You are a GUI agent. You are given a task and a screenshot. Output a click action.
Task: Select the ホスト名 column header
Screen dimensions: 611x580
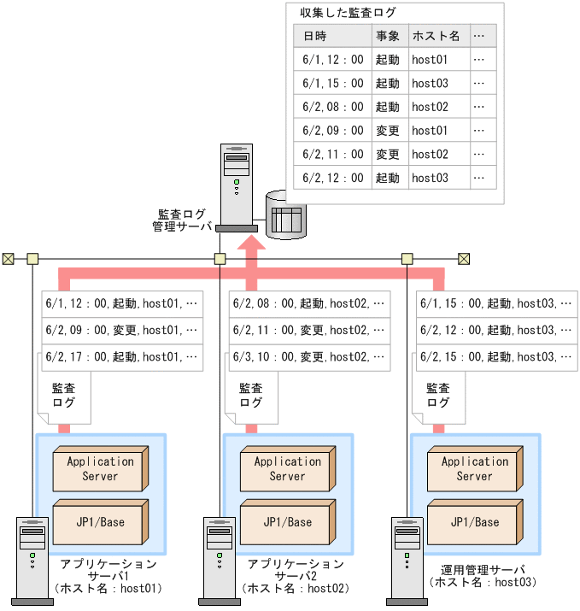(x=436, y=37)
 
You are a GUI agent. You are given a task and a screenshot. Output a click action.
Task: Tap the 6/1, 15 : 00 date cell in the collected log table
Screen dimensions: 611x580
(x=333, y=84)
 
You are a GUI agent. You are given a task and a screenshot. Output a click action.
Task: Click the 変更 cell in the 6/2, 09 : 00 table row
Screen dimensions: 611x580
(x=387, y=131)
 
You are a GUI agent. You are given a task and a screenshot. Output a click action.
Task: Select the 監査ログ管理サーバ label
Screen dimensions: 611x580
(x=181, y=220)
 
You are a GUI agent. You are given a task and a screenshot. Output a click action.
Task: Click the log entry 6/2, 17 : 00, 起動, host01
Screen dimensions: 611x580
(x=121, y=356)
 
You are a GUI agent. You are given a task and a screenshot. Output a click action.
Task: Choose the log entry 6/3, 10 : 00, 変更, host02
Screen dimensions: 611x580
(x=309, y=356)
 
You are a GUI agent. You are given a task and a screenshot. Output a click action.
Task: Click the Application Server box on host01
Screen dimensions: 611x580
(x=101, y=468)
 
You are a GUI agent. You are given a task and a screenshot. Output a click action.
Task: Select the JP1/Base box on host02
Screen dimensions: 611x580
(x=287, y=521)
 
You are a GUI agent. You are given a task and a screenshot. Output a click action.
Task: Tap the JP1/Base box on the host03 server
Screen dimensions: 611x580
(x=474, y=521)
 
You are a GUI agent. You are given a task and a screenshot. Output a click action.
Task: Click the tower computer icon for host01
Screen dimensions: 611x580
(x=32, y=560)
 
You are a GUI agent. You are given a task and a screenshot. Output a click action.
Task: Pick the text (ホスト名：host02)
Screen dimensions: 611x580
(x=295, y=588)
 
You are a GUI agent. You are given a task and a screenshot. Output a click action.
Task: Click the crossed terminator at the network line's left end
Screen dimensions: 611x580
(x=9, y=258)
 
